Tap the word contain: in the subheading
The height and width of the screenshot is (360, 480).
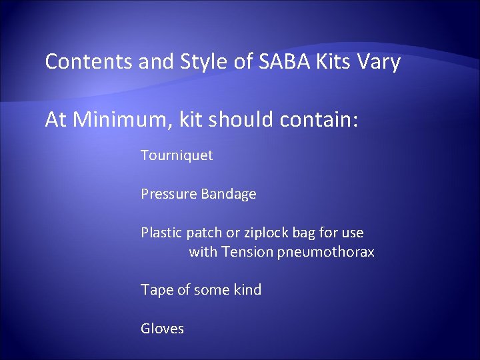[318, 120]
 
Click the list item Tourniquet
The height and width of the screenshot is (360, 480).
[177, 156]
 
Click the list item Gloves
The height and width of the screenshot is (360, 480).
[162, 328]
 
